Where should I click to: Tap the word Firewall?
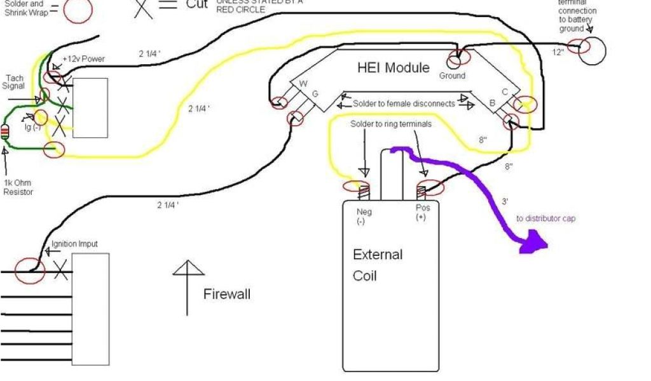click(x=227, y=294)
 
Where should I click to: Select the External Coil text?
click(x=378, y=265)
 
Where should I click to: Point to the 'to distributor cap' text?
click(x=545, y=218)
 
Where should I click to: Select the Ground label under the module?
click(x=453, y=76)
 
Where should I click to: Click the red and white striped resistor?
click(x=6, y=132)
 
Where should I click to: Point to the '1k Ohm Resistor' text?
click(x=18, y=187)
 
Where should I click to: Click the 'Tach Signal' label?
click(x=14, y=82)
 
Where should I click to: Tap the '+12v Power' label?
click(x=84, y=59)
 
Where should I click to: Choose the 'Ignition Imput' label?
click(x=74, y=244)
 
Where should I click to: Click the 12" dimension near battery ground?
click(x=558, y=52)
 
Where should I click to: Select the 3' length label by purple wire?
click(x=505, y=202)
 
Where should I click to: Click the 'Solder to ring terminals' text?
click(x=390, y=124)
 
